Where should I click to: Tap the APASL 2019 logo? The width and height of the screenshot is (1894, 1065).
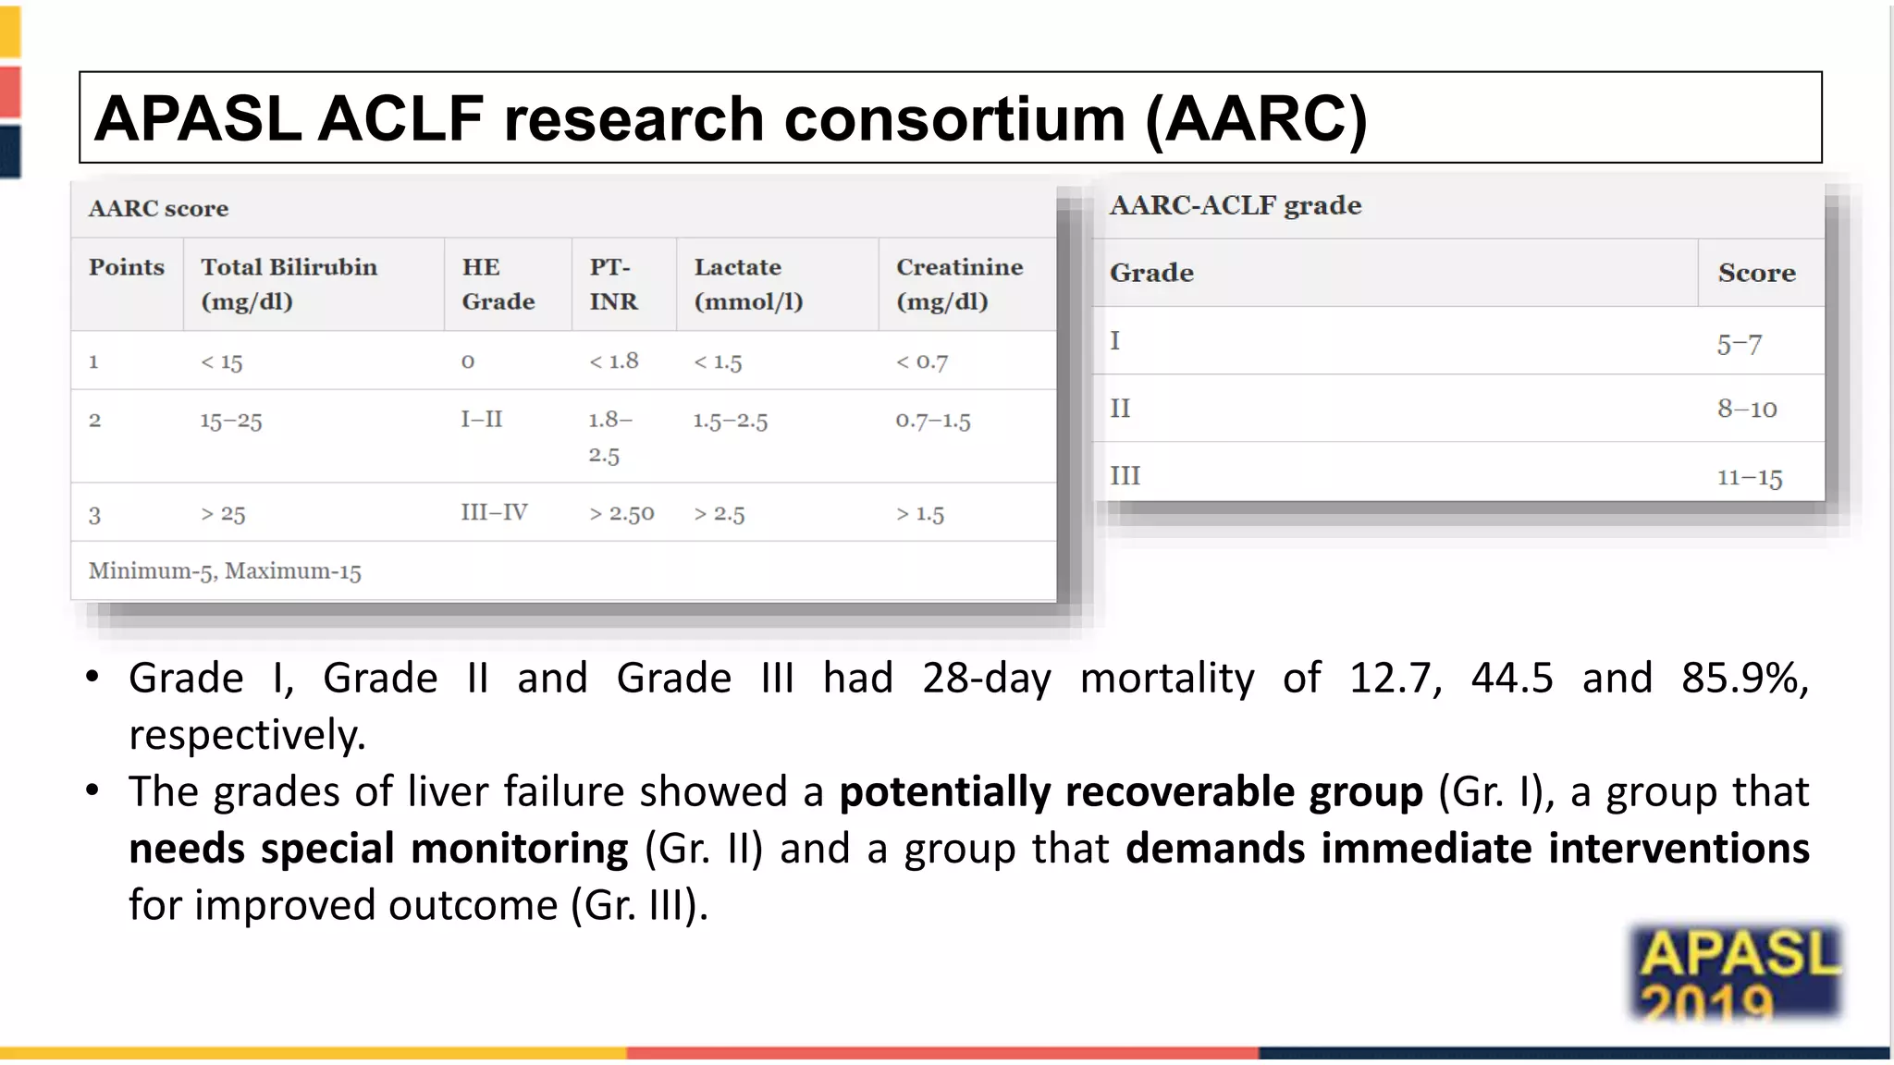1736,973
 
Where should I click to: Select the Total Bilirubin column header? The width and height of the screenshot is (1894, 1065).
289,284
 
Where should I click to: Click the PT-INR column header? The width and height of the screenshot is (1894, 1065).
613,284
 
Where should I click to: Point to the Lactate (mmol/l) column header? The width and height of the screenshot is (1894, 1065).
748,284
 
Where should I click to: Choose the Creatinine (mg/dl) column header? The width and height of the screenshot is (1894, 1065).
959,284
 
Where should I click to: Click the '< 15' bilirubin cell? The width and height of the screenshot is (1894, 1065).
222,362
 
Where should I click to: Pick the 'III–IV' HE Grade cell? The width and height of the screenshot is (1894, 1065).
494,512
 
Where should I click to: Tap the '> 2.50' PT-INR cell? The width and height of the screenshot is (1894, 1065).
621,514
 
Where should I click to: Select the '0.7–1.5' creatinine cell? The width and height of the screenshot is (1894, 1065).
932,421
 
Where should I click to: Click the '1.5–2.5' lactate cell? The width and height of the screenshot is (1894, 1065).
731,421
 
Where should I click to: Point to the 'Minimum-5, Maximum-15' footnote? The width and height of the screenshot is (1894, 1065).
225,571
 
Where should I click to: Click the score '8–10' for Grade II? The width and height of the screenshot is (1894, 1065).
1747,409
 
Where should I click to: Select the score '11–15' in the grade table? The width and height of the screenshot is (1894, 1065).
1749,477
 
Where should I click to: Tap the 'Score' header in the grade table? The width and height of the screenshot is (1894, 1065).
1756,273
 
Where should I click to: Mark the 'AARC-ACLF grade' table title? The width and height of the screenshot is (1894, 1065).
1236,205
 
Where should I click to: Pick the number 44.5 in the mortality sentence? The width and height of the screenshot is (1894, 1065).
1512,678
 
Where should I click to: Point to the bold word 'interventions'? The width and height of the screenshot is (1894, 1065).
1679,849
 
